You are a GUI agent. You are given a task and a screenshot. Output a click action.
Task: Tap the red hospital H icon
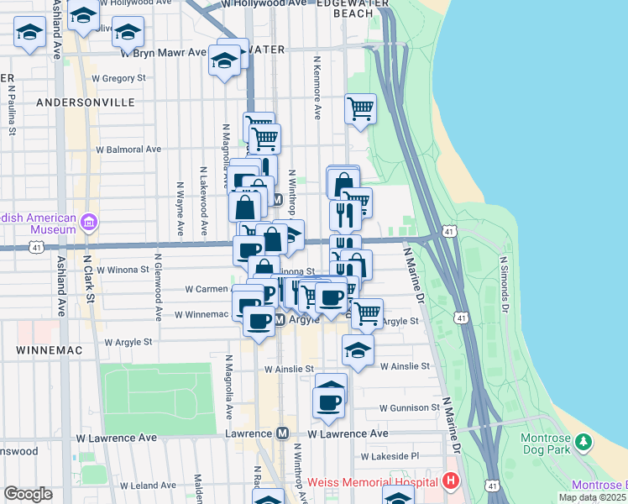pos(451,482)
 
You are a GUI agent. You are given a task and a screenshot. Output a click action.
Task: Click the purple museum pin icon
pos(90,223)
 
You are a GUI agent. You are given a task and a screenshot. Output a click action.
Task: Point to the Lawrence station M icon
pos(283,433)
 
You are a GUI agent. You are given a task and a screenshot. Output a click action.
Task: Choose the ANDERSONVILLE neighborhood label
pos(86,102)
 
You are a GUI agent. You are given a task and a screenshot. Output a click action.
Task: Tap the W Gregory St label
pos(119,78)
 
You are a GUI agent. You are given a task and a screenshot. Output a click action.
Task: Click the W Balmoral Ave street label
pos(128,150)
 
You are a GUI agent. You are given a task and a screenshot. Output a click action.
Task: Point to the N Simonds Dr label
pos(505,285)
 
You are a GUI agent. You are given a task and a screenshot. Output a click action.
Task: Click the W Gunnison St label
pos(409,407)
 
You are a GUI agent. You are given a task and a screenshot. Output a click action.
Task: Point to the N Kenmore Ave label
pos(317,87)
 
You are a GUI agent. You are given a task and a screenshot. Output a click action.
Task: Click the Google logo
pos(28,494)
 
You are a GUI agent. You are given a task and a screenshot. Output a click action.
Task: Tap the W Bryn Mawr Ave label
pos(163,52)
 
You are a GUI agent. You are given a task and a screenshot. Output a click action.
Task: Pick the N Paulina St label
pos(12,104)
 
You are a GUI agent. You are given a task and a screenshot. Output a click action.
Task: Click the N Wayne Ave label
pos(181,209)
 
